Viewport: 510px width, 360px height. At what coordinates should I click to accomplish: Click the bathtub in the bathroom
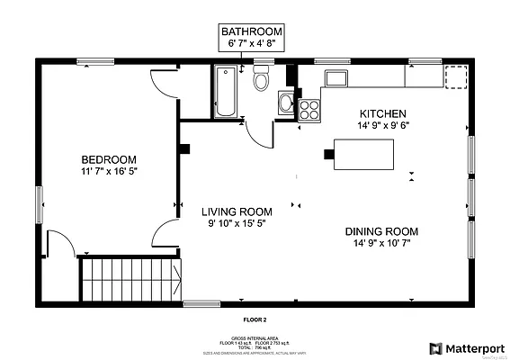(225, 92)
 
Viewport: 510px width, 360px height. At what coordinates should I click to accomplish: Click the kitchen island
(362, 154)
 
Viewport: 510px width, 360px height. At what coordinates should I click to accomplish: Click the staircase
(130, 280)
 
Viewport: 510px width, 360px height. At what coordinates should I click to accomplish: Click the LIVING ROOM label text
(237, 211)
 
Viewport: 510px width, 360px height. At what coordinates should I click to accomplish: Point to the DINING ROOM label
(381, 231)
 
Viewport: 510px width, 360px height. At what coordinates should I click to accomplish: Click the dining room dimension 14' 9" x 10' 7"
(381, 244)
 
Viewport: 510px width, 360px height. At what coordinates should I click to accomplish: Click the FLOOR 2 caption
(255, 319)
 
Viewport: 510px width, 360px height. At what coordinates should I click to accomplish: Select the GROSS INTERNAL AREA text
(255, 338)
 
